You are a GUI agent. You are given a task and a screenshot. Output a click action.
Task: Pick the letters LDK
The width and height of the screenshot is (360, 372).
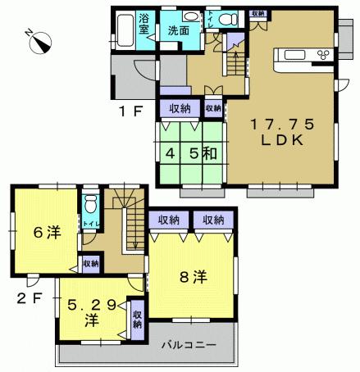tap(280, 141)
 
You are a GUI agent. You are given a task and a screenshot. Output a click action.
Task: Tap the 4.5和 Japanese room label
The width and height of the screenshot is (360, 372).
tap(191, 152)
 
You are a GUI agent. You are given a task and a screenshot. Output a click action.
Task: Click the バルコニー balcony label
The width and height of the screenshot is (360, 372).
tap(188, 345)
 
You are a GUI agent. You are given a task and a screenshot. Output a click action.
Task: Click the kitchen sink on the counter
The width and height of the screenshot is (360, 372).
tap(293, 56)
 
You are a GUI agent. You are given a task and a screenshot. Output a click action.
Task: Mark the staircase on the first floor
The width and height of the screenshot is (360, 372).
tap(235, 59)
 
